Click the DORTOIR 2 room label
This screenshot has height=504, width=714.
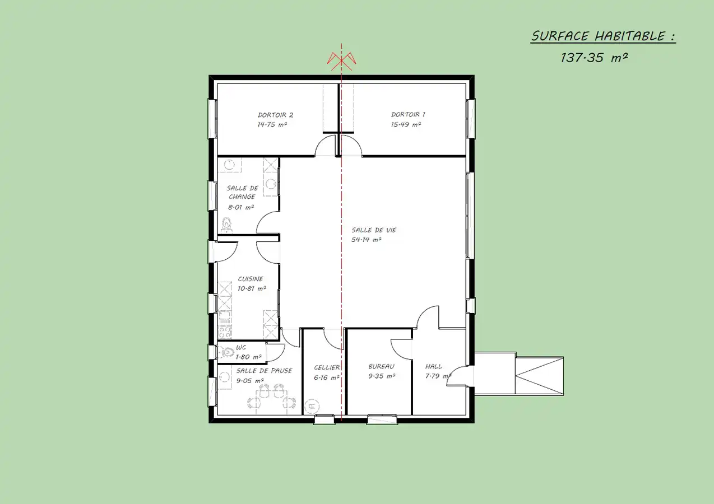pyautogui.click(x=275, y=115)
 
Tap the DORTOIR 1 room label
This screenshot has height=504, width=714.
pyautogui.click(x=408, y=114)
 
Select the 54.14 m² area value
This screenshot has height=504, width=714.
pyautogui.click(x=366, y=240)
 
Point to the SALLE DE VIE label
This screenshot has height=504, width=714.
pyautogui.click(x=374, y=230)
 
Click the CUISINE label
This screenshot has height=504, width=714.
pyautogui.click(x=251, y=279)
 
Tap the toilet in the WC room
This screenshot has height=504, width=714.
pyautogui.click(x=226, y=352)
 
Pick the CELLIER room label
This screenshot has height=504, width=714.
pyautogui.click(x=327, y=368)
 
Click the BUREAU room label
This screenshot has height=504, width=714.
pyautogui.click(x=381, y=367)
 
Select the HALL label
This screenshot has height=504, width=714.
pyautogui.click(x=434, y=367)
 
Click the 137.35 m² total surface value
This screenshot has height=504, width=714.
pyautogui.click(x=594, y=58)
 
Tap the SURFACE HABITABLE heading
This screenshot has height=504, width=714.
pyautogui.click(x=604, y=36)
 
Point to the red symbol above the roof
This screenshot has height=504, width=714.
pyautogui.click(x=341, y=61)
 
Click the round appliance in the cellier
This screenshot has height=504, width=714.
pyautogui.click(x=312, y=406)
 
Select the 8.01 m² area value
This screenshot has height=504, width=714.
pyautogui.click(x=240, y=207)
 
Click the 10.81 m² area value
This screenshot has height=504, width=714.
pyautogui.click(x=252, y=288)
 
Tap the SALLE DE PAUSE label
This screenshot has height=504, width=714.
pyautogui.click(x=264, y=371)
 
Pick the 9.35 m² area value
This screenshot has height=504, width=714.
pyautogui.click(x=382, y=376)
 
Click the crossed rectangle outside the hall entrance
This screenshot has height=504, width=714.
pyautogui.click(x=539, y=376)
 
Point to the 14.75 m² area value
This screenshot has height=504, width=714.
pyautogui.click(x=272, y=124)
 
